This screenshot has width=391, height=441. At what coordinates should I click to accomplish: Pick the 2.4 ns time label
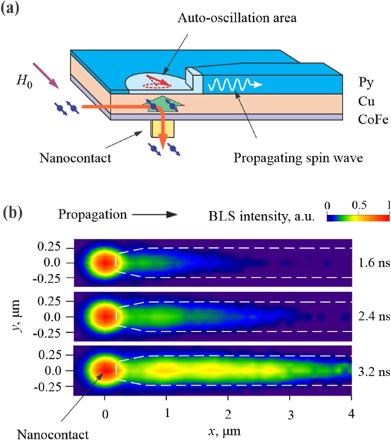click(373, 316)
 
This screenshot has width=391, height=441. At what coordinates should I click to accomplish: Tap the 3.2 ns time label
click(373, 369)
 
